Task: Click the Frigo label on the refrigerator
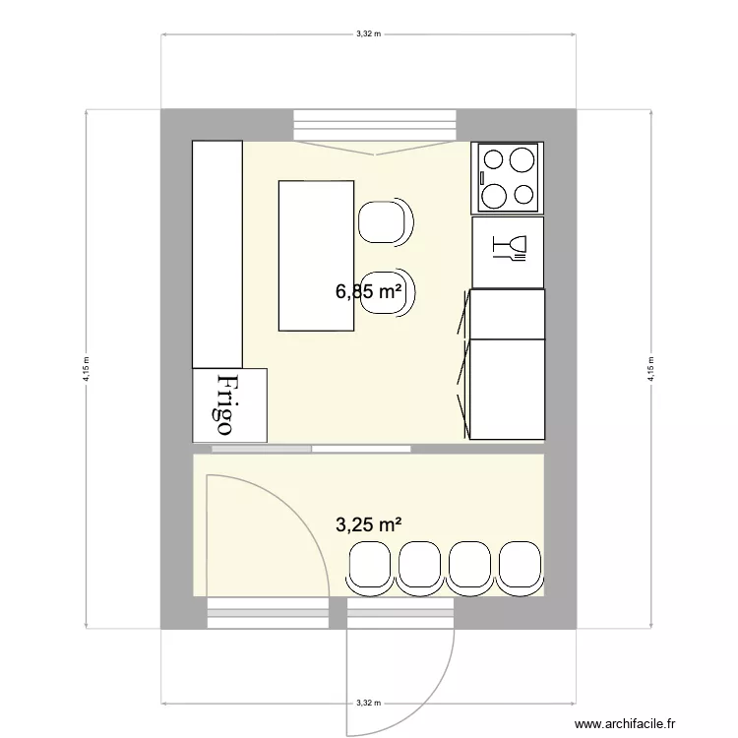point(224,404)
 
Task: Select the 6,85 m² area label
point(369,292)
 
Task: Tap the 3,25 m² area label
point(369,524)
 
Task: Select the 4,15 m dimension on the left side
point(87,368)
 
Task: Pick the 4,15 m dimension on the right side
point(650,368)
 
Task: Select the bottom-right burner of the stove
point(525,195)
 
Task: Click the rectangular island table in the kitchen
point(316,255)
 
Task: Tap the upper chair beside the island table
point(384,221)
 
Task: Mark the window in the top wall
point(375,125)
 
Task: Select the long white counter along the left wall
point(216,254)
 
